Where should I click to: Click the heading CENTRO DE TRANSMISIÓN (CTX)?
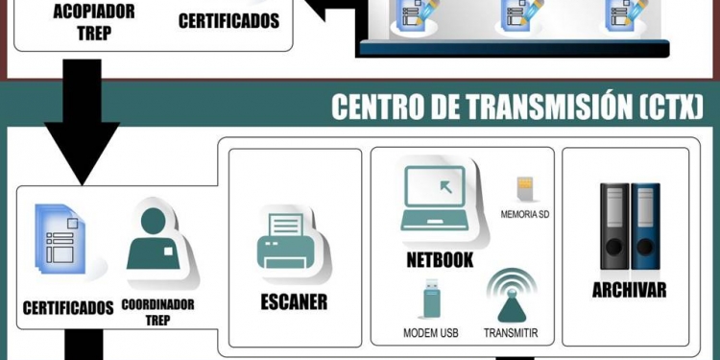pyautogui.click(x=517, y=106)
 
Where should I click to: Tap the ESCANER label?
pyautogui.click(x=294, y=301)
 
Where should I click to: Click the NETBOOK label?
pyautogui.click(x=441, y=258)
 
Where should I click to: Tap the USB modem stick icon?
pyautogui.click(x=428, y=300)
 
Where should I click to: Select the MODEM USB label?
pyautogui.click(x=430, y=333)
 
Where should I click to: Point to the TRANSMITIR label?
pyautogui.click(x=511, y=333)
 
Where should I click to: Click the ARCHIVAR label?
pyautogui.click(x=629, y=290)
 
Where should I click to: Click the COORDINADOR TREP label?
pyautogui.click(x=157, y=312)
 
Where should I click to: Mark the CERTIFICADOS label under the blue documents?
pyautogui.click(x=67, y=308)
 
